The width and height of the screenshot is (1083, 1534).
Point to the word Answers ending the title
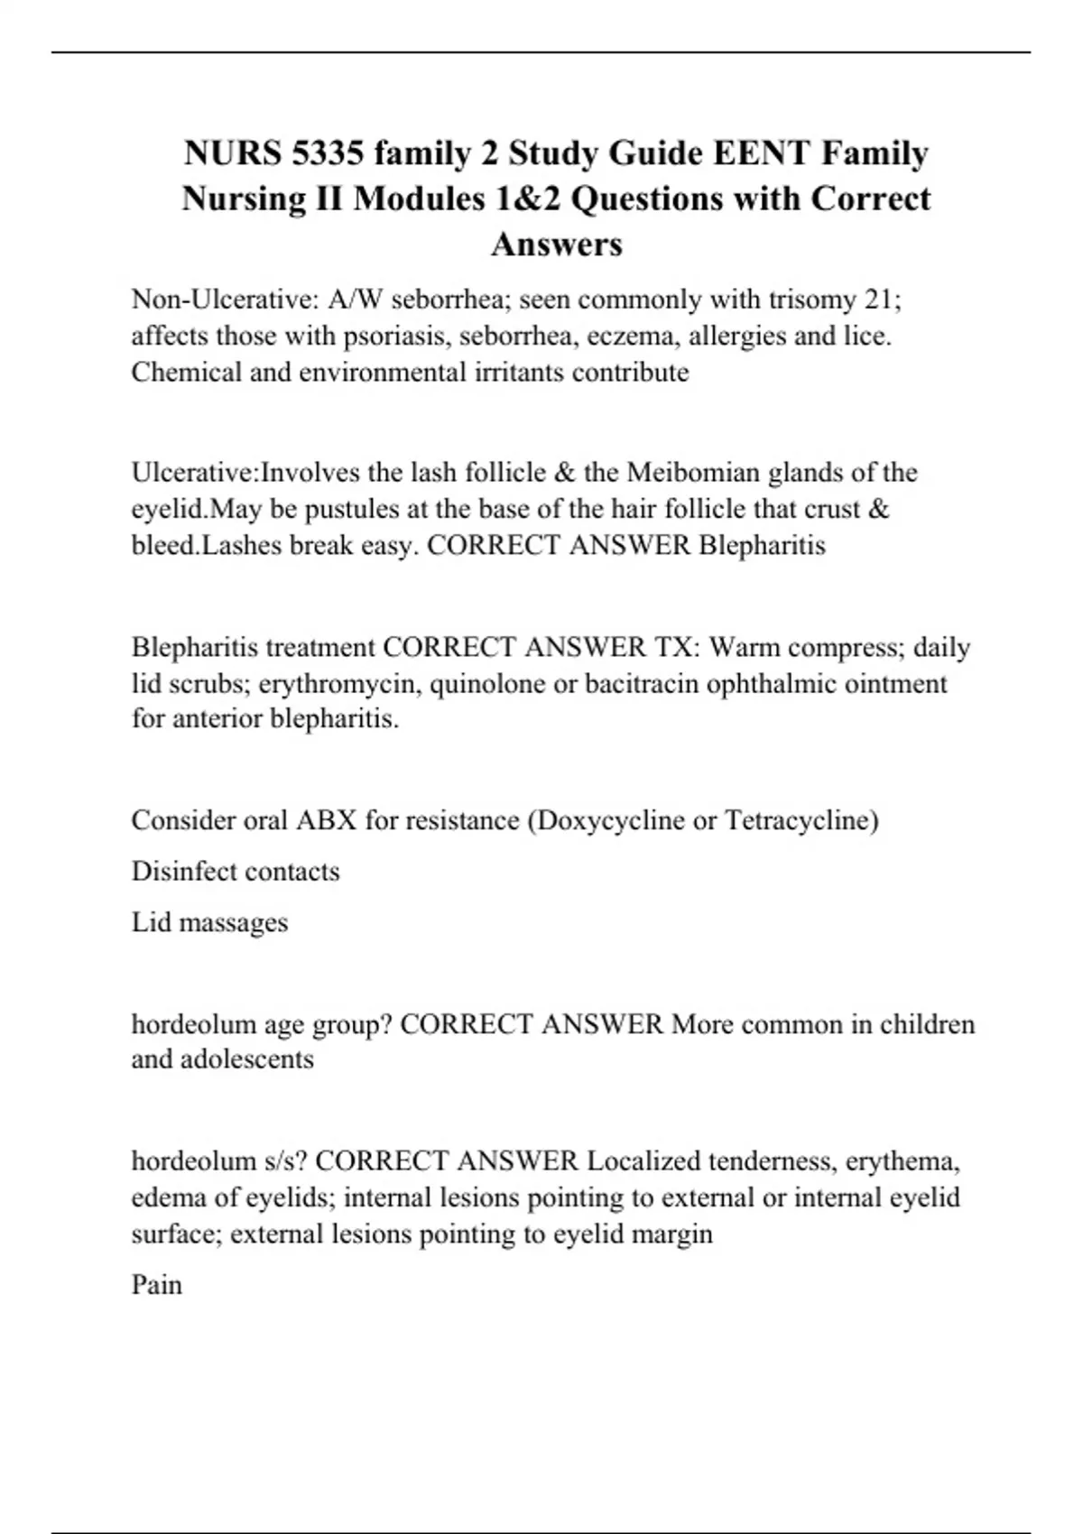(x=556, y=244)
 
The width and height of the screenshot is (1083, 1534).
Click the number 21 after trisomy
(x=880, y=299)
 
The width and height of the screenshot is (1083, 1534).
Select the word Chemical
(x=186, y=372)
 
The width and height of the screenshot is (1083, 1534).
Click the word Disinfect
(x=184, y=872)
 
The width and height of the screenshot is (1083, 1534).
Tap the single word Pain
(x=156, y=1285)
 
